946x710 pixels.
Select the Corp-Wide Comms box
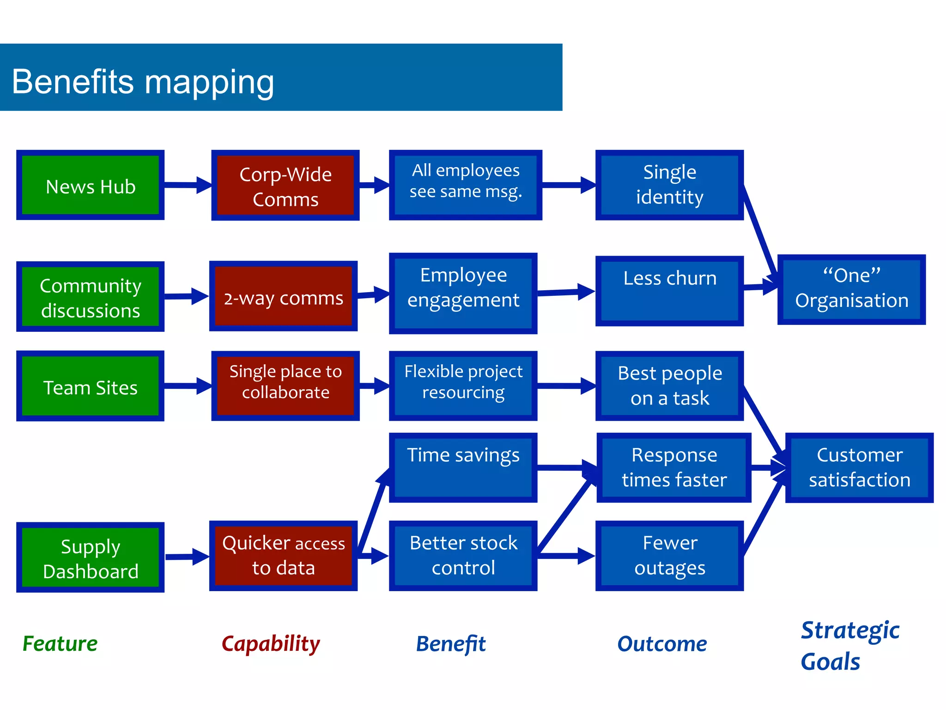(x=285, y=185)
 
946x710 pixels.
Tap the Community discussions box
(x=91, y=297)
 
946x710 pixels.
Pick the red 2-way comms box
(x=283, y=296)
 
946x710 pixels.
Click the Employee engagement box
(x=463, y=293)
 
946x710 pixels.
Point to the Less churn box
(x=669, y=291)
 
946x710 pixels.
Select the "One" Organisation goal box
(x=851, y=289)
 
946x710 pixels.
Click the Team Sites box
(x=91, y=386)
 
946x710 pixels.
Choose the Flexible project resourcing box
(x=463, y=386)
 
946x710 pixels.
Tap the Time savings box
(x=463, y=467)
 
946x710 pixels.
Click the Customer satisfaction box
(x=859, y=467)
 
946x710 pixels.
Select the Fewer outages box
(x=669, y=556)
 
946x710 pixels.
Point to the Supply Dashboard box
(x=91, y=557)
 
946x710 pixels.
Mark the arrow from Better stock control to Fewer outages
(x=565, y=556)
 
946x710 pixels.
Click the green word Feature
(x=60, y=643)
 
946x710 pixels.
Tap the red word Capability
(x=271, y=644)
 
